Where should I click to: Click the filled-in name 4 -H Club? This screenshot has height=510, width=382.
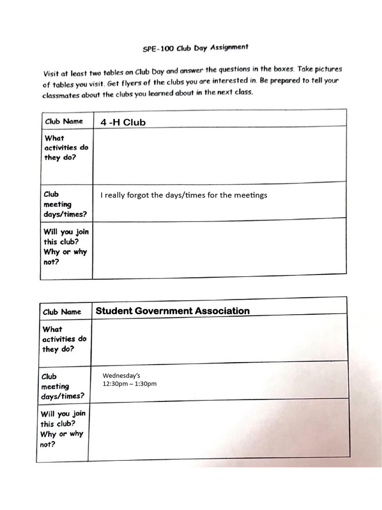[123, 122]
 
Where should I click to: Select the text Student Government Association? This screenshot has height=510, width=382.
[173, 311]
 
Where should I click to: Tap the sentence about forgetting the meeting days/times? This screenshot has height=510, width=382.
[184, 195]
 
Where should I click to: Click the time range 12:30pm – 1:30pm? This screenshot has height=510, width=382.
[129, 383]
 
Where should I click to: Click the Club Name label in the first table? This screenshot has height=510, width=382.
[63, 121]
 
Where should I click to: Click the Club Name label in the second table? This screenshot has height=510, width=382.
[62, 312]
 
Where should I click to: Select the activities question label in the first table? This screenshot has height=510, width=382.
[66, 147]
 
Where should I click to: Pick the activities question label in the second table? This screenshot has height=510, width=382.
[64, 339]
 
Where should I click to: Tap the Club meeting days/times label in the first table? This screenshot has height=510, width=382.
[65, 204]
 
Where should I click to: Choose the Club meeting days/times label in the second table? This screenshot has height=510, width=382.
[63, 386]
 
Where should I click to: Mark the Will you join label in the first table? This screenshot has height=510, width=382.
[66, 247]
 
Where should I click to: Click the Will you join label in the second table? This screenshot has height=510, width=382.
[63, 428]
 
